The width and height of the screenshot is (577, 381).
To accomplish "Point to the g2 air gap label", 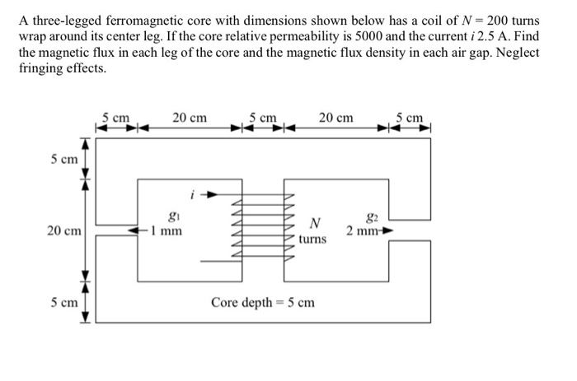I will click(370, 218).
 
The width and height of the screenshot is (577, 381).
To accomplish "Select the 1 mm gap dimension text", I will click(168, 232).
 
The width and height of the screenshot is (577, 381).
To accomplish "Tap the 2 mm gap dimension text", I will click(362, 231).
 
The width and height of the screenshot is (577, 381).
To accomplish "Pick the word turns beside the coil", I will click(313, 239).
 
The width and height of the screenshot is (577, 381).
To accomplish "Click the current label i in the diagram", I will click(191, 196).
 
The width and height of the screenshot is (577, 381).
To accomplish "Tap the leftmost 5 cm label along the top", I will click(117, 118).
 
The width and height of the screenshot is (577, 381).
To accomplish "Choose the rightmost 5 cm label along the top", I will click(410, 118).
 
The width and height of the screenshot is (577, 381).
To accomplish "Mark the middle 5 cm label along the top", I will click(263, 118).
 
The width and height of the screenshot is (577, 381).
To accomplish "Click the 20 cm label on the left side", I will click(63, 231).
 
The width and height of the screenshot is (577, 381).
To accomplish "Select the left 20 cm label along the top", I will click(190, 118).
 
